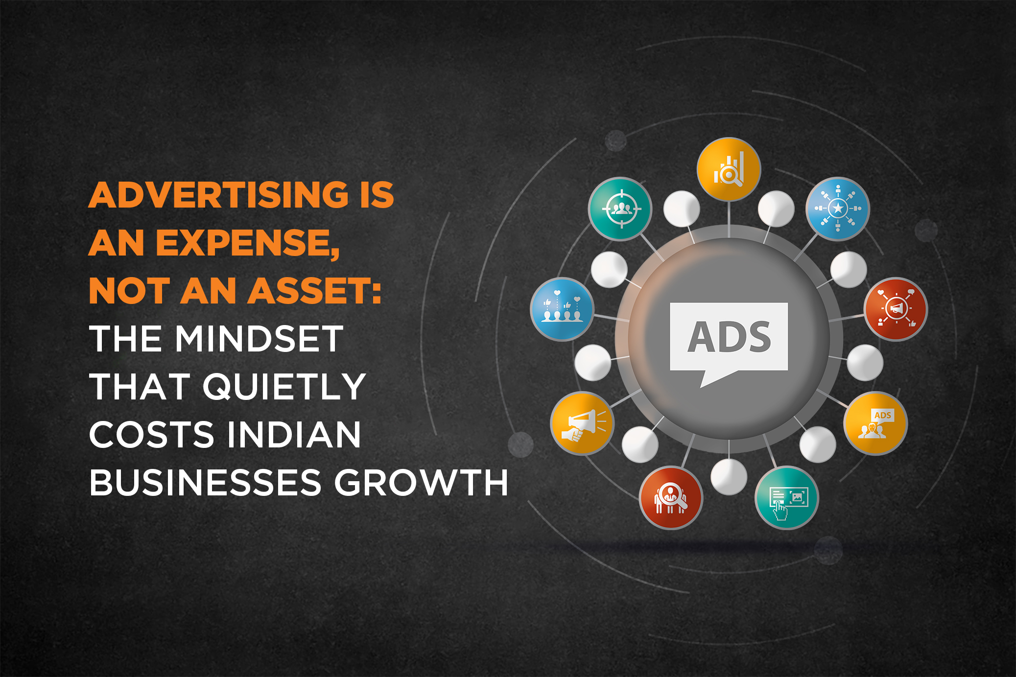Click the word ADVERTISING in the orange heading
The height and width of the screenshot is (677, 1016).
point(219,195)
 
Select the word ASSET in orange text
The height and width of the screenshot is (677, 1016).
point(315,291)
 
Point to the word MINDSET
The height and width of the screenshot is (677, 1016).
point(260,338)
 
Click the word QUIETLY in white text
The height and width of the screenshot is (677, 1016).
point(284,387)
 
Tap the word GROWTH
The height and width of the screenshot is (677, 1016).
point(422,483)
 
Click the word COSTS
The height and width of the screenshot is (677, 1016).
point(152,435)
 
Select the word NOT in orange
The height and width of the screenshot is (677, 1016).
point(130,291)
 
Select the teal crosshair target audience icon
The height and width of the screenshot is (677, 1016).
point(620,209)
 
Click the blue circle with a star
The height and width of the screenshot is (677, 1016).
point(838,209)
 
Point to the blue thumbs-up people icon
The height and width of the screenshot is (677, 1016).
point(562,309)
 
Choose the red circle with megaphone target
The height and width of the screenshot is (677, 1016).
point(896,309)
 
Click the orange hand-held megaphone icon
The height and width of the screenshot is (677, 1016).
point(582,423)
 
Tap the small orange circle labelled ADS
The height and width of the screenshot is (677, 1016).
point(875,423)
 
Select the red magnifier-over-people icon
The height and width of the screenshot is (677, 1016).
point(671,498)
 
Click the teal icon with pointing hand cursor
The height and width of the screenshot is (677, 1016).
point(787,498)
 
